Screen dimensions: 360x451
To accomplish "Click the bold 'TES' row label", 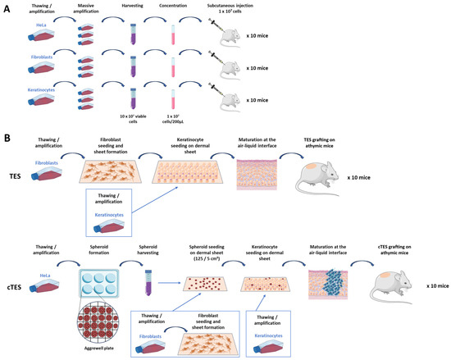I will pyautogui.click(x=15, y=175).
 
